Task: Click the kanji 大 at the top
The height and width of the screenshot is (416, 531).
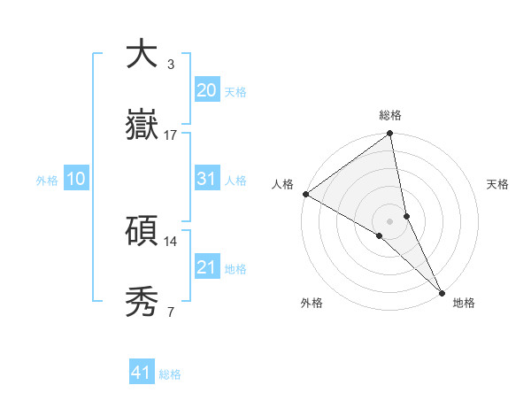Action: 142,55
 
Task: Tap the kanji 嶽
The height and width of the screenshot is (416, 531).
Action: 142,127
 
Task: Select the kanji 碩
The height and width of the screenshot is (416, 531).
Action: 142,232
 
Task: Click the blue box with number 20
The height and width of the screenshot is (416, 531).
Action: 206,90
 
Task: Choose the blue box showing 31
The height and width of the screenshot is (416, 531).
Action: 206,179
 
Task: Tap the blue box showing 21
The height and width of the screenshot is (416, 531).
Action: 206,267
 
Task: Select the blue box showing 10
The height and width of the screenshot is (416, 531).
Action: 76,179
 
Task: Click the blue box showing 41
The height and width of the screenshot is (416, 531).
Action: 142,373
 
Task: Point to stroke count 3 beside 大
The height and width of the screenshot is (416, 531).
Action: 171,65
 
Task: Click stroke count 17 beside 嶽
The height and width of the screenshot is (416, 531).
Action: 171,135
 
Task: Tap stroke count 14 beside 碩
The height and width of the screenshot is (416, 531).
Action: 171,242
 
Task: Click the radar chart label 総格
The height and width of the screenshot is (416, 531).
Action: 390,115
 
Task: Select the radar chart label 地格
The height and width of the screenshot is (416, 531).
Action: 464,304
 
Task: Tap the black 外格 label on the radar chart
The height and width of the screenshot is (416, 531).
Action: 312,304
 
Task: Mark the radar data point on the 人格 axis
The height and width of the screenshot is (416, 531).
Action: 305,194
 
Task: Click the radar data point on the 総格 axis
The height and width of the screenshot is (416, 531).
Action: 390,135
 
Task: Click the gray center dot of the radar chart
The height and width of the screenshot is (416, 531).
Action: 390,220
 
